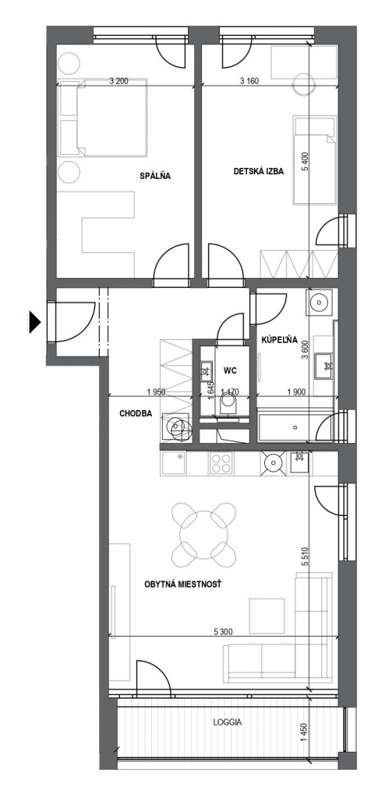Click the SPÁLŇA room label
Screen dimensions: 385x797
pyautogui.click(x=155, y=177)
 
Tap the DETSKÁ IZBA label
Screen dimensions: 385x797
pyautogui.click(x=258, y=171)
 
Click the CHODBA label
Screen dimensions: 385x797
pyautogui.click(x=136, y=413)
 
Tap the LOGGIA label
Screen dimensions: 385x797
pyautogui.click(x=228, y=722)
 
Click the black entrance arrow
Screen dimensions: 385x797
pyautogui.click(x=34, y=321)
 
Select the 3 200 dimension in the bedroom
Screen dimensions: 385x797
pyautogui.click(x=118, y=81)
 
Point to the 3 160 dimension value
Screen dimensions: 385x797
pyautogui.click(x=250, y=81)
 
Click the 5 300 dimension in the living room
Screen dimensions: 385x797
pyautogui.click(x=224, y=632)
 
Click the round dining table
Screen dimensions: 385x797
pyautogui.click(x=203, y=535)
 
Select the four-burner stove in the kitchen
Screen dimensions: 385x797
pyautogui.click(x=221, y=462)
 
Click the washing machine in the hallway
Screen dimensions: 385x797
pyautogui.click(x=176, y=424)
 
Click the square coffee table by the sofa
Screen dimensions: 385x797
pyautogui.click(x=267, y=616)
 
